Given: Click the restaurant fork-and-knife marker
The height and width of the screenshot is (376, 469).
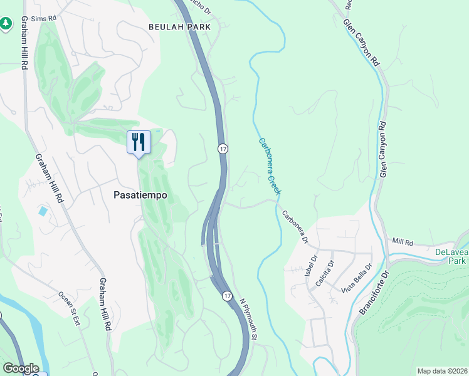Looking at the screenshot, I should pyautogui.click(x=139, y=142).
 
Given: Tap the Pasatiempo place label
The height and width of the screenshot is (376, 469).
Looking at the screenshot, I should pyautogui.click(x=140, y=195).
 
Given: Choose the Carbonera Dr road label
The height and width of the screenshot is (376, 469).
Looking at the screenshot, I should pyautogui.click(x=295, y=226).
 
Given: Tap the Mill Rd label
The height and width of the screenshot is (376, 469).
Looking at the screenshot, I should pyautogui.click(x=403, y=241).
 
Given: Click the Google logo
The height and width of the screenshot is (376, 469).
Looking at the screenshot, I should pyautogui.click(x=20, y=368).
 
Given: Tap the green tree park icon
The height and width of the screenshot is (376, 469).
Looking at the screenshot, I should pyautogui.click(x=6, y=23).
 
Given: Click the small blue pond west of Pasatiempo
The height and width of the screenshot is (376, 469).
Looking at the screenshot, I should pyautogui.click(x=43, y=211).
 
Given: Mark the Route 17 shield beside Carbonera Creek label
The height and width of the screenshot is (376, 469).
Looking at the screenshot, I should pyautogui.click(x=223, y=149).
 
